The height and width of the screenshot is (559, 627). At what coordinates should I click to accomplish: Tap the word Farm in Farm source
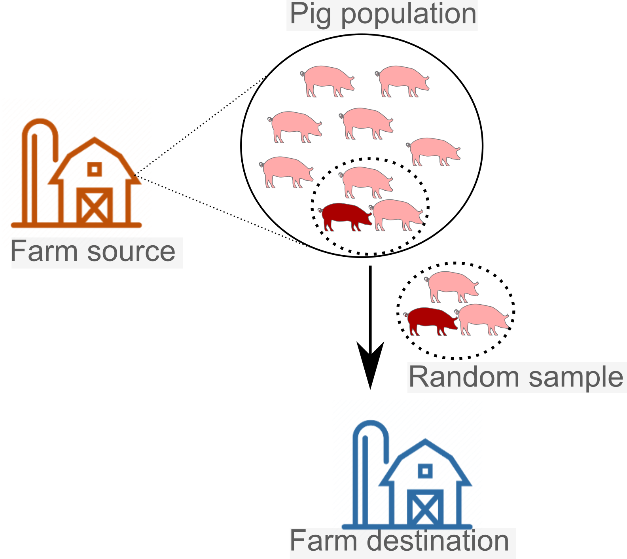click(44, 252)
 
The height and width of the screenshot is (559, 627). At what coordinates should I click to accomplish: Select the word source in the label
click(131, 252)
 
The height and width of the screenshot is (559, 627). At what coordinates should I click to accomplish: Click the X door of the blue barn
click(425, 508)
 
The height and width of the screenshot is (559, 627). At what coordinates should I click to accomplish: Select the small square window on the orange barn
click(94, 170)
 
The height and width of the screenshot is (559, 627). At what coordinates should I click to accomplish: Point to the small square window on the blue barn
click(425, 471)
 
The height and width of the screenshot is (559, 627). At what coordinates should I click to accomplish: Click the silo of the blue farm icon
click(365, 475)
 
